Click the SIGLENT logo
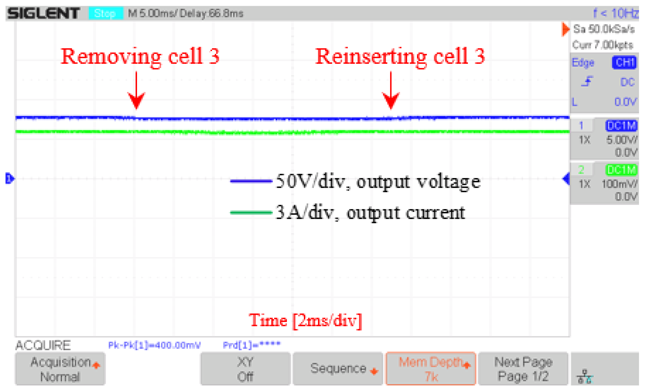tap(43, 13)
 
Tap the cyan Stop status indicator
tap(105, 13)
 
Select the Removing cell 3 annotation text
tap(140, 56)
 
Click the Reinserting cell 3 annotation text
tap(400, 56)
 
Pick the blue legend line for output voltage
tap(251, 181)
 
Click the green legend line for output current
tap(251, 213)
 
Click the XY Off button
tap(245, 369)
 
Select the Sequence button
tap(338, 369)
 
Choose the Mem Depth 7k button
tap(431, 369)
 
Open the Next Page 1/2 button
tap(523, 369)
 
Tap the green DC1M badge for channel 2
tap(621, 170)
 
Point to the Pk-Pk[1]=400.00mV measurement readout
tap(154, 345)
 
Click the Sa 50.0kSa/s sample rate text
tap(604, 29)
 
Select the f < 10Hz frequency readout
tap(616, 13)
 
